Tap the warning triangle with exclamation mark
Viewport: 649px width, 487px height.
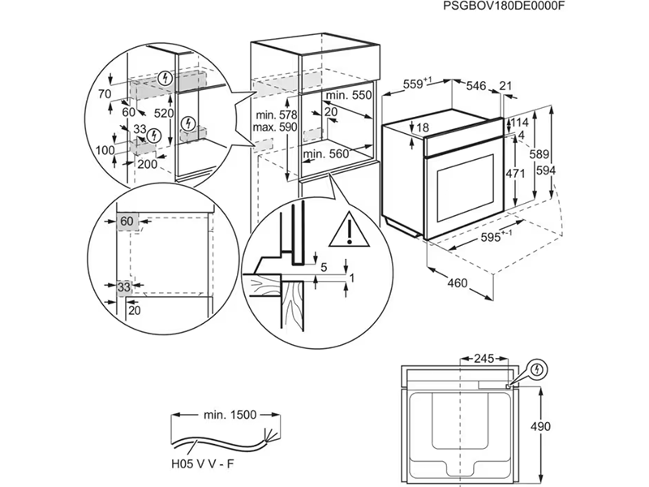pos(348,231)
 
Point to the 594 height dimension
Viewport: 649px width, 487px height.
pos(545,170)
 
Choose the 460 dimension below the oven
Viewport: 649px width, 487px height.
pos(458,283)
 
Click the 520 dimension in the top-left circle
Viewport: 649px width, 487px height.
pos(165,114)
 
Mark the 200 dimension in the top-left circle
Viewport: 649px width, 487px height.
pos(147,164)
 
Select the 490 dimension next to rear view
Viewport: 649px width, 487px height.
pos(557,426)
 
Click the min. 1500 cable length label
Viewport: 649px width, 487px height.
pos(230,415)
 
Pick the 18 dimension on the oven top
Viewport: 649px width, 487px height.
pos(422,127)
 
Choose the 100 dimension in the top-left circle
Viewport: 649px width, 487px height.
pos(105,151)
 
